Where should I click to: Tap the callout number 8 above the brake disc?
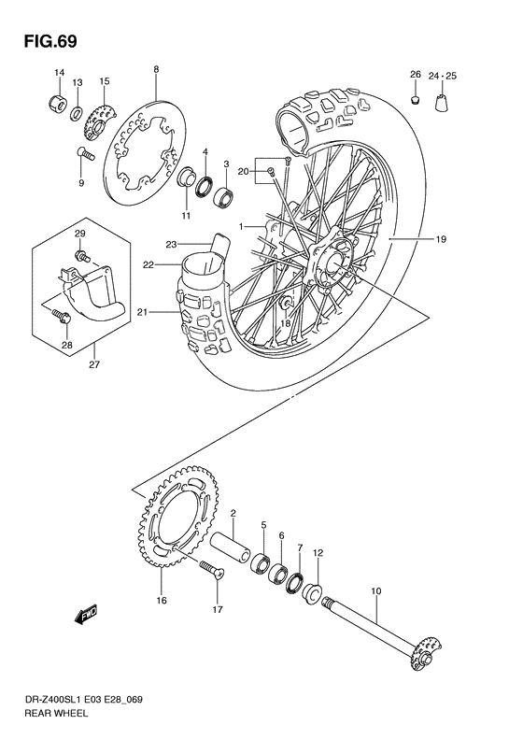coord(156,69)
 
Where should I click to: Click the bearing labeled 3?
coord(224,198)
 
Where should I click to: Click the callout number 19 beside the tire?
coord(440,239)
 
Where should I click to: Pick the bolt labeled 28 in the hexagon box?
coord(63,318)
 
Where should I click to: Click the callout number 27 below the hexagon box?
coord(94,366)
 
